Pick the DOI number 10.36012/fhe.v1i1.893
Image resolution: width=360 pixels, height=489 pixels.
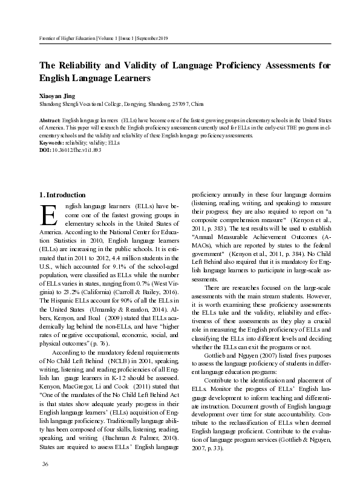pyautogui.click(x=76, y=149)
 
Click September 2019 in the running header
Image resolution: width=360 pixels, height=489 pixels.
pyautogui.click(x=152, y=39)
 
